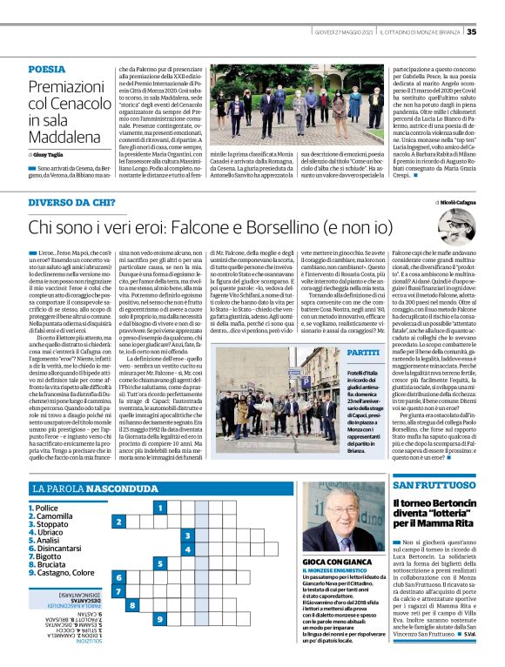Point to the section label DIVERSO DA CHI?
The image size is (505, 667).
[x=71, y=202]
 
